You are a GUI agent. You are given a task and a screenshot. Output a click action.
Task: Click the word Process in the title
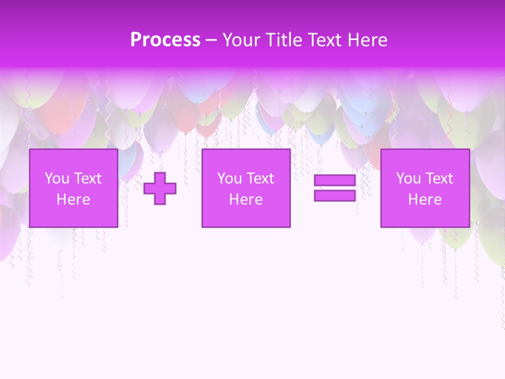tap(165, 40)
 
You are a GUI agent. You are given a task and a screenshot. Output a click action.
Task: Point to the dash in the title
tap(211, 40)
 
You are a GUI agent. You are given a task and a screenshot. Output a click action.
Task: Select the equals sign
tap(335, 188)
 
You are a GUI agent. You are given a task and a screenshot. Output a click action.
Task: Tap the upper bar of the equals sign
tap(335, 181)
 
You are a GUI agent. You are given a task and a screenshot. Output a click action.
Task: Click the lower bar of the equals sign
tap(335, 195)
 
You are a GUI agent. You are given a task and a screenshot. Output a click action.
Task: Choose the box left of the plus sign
tap(73, 188)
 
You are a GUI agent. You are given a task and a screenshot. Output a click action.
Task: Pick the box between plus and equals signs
tap(246, 188)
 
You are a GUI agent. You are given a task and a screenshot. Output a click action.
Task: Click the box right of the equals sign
tap(425, 188)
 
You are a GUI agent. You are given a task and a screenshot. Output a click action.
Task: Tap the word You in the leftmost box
tap(56, 178)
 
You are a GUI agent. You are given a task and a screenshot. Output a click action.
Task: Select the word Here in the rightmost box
tap(425, 199)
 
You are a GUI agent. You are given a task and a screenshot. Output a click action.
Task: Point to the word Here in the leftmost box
tap(73, 199)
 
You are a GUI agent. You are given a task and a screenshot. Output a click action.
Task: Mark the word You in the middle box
tap(229, 178)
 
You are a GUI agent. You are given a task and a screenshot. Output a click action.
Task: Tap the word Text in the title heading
tap(325, 40)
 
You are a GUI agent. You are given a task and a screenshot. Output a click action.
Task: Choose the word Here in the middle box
tap(246, 199)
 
